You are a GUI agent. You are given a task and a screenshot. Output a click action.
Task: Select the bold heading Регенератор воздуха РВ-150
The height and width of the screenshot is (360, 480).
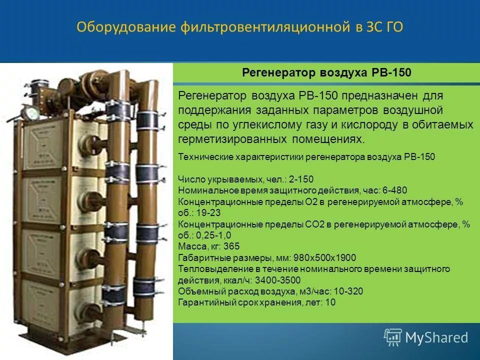(326, 73)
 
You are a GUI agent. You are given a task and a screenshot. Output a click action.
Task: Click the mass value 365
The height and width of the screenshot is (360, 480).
(232, 246)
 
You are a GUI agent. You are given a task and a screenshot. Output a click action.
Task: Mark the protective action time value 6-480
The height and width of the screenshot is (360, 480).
(395, 190)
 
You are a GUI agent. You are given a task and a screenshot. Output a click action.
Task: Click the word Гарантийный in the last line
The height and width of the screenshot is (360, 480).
(204, 302)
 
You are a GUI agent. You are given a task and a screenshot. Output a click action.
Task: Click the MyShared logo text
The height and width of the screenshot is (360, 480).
(436, 338)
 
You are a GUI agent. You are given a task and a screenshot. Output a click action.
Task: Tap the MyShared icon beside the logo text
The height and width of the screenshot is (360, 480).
(392, 337)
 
